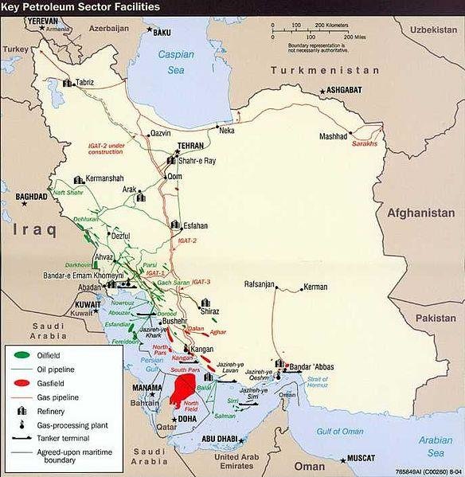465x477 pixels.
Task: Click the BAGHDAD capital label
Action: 31,196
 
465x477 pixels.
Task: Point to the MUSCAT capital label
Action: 365,459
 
